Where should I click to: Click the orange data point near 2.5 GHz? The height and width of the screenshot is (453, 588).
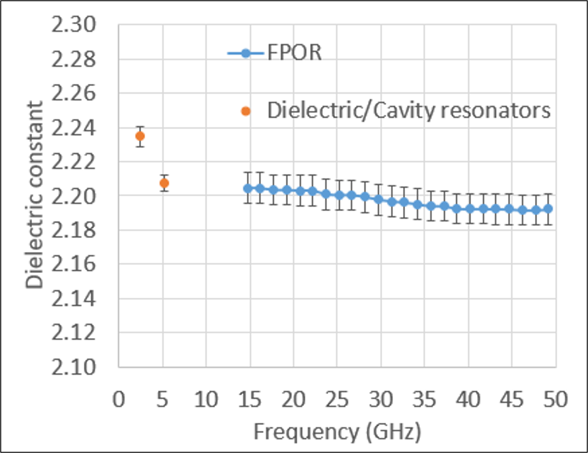[x=140, y=136]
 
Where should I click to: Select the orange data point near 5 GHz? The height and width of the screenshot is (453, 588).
[x=164, y=183]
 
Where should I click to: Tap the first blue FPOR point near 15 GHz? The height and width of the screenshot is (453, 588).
[x=248, y=188]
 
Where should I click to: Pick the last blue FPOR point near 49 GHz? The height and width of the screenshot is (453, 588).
[x=548, y=209]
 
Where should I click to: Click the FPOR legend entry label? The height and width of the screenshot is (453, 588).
[x=294, y=52]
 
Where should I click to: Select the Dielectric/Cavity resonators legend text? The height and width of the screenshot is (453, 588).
[x=408, y=111]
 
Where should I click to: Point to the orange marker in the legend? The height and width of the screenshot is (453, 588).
[x=246, y=111]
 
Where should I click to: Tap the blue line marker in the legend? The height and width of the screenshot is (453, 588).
[x=246, y=53]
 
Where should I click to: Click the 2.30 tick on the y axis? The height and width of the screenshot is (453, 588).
[x=74, y=25]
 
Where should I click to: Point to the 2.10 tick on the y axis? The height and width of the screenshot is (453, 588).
[x=74, y=367]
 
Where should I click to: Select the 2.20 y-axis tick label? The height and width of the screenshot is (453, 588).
[x=74, y=196]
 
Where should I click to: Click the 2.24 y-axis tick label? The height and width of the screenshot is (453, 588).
[x=74, y=128]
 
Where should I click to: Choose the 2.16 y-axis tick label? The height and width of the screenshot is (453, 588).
[x=74, y=265]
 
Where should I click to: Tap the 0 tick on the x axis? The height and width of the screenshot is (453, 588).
[x=119, y=400]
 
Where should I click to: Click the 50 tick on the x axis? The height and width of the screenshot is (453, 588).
[x=555, y=400]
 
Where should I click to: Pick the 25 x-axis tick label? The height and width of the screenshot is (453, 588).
[x=337, y=400]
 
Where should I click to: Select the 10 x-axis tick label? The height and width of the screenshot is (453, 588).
[x=206, y=400]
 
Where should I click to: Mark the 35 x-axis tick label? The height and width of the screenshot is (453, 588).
[x=424, y=400]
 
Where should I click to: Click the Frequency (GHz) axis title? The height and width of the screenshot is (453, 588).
[x=337, y=432]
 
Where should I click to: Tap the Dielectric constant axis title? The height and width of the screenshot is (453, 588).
[x=34, y=195]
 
